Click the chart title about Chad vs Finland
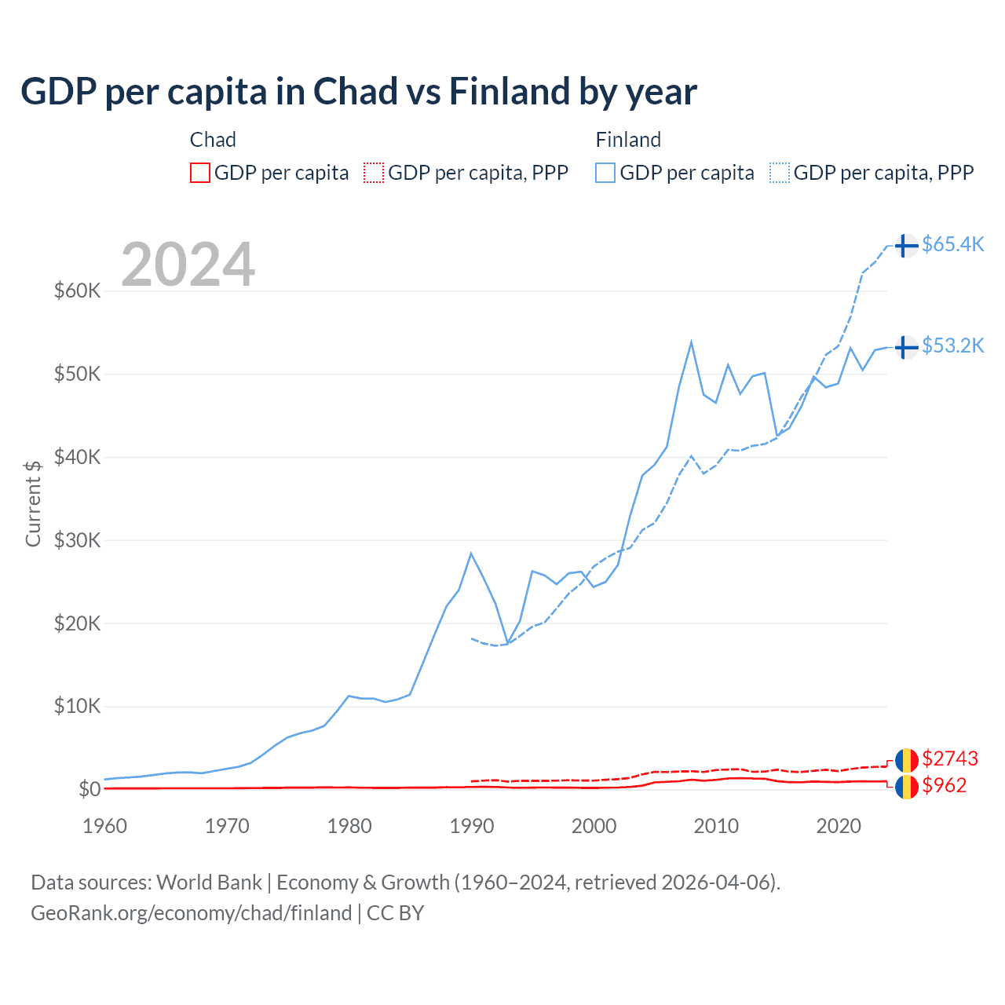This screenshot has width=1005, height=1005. click(358, 92)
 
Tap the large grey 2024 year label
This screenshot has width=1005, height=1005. click(188, 265)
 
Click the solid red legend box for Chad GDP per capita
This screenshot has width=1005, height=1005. click(200, 173)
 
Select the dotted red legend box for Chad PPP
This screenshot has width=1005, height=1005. click(374, 173)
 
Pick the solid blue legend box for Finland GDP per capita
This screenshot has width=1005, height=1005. click(605, 173)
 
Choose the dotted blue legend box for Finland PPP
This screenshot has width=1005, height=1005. click(780, 173)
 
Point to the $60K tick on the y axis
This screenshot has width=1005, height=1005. click(77, 291)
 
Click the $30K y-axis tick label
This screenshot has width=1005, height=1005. click(77, 540)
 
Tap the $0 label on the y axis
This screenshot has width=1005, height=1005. click(90, 789)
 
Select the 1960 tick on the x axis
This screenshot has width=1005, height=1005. click(105, 826)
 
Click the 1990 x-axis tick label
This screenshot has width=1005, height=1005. click(472, 826)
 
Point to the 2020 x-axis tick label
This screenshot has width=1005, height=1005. click(839, 826)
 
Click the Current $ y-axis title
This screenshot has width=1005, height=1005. click(33, 503)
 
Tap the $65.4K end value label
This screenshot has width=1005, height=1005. click(952, 244)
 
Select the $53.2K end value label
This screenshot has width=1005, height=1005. click(952, 345)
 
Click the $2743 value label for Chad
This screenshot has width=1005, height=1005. click(950, 758)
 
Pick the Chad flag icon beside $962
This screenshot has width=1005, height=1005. click(906, 786)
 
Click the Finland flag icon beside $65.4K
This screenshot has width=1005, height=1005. click(906, 246)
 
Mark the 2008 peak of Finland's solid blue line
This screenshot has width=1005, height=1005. click(691, 342)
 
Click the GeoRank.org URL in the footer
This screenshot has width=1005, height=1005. click(191, 913)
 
